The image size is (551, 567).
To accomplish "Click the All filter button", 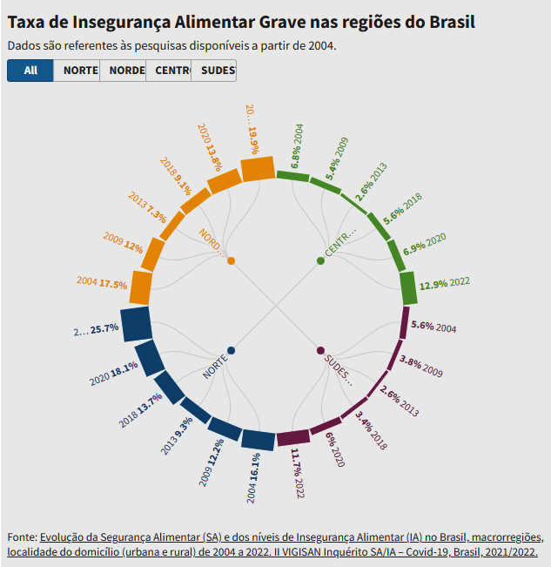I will [30, 71].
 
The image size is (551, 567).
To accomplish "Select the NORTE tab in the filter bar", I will [77, 71].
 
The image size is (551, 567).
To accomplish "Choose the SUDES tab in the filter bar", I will [213, 71].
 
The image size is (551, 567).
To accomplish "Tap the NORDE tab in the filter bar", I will [123, 71].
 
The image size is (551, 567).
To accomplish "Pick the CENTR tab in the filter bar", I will [168, 71].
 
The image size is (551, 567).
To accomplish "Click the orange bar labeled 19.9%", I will [258, 168].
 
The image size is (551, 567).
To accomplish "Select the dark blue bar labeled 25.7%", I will [137, 324].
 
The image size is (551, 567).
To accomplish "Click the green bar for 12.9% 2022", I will [407, 287].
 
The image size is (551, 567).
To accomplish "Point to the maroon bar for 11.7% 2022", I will [292, 437].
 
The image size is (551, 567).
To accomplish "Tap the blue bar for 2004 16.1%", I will [258, 440].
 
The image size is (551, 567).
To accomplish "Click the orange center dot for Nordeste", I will [231, 260].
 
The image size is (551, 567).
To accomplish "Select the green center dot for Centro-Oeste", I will [320, 260].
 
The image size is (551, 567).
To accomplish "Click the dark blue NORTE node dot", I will [231, 350].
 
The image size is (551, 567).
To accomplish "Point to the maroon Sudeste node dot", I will [320, 350].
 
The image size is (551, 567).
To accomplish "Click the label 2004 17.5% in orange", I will [102, 283].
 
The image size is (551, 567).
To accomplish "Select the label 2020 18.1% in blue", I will [114, 374].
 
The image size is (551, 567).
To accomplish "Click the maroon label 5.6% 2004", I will [433, 327].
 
